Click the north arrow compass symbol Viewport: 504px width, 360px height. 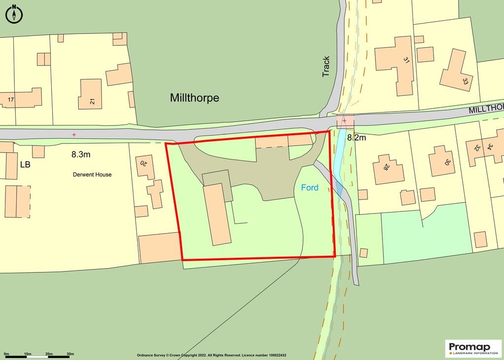click(14, 14)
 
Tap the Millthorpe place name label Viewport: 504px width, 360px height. click(194, 98)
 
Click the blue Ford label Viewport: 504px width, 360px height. click(310, 187)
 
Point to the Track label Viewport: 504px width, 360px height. click(326, 66)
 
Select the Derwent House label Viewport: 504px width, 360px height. click(92, 175)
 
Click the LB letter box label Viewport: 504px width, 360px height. click(25, 164)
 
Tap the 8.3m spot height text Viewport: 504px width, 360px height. click(81, 154)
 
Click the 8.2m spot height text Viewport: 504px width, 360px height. click(356, 138)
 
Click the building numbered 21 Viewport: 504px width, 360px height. click(90, 94)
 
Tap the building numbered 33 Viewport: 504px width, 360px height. click(457, 73)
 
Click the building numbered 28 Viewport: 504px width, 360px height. click(388, 169)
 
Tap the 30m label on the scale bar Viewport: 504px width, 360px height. click(70, 354)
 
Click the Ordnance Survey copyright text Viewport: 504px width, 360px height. click(211, 355)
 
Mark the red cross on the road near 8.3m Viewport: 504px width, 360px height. click(74, 134)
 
